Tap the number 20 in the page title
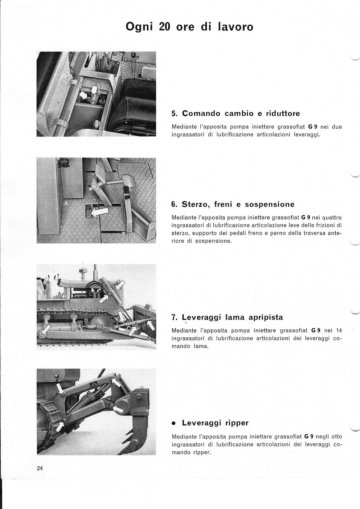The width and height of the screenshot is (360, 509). click(x=164, y=27)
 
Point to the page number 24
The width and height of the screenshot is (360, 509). click(x=40, y=468)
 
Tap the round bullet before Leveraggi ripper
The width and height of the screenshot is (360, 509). click(x=174, y=423)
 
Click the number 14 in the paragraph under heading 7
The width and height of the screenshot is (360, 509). click(x=339, y=331)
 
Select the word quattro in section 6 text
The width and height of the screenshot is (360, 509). click(x=332, y=218)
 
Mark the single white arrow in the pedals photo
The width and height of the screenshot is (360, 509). click(x=99, y=212)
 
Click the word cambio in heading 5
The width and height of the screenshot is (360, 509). click(x=240, y=114)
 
